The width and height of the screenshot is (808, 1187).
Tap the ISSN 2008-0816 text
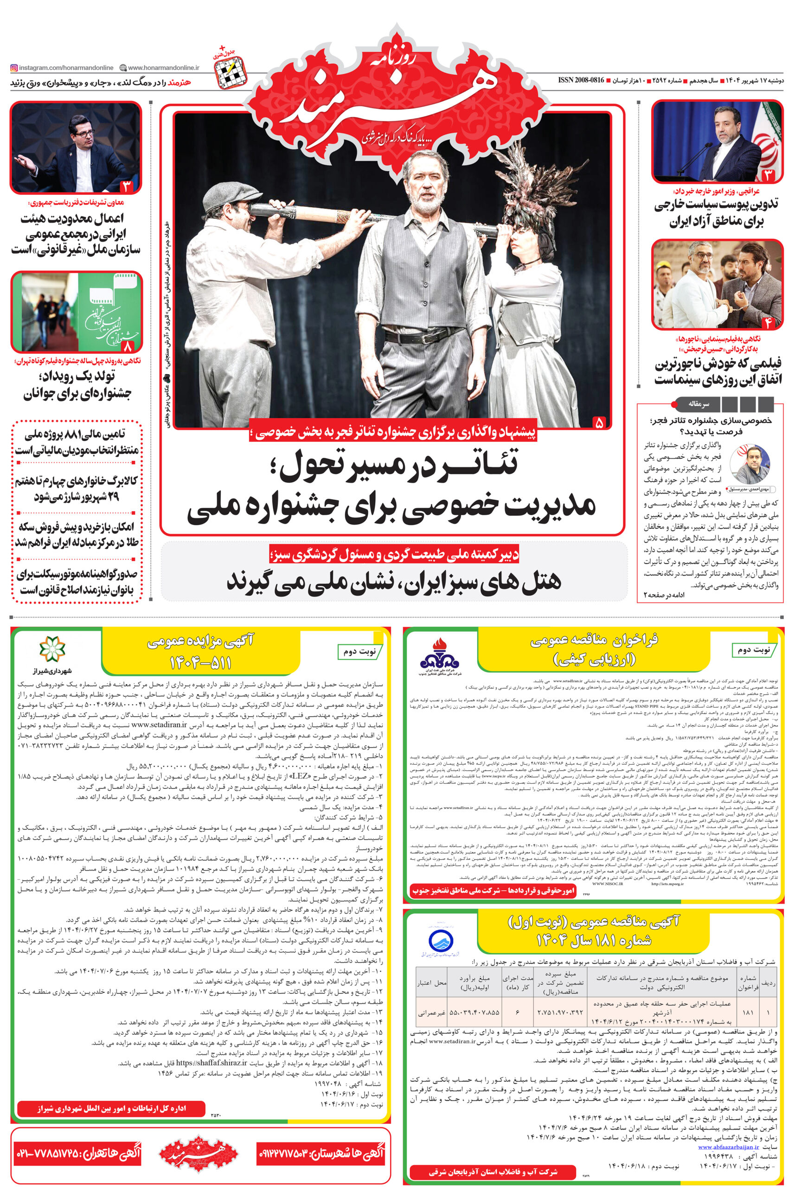pos(581,80)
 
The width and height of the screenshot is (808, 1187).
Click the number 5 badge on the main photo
pos(598,422)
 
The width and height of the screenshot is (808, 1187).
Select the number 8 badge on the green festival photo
pos(127,347)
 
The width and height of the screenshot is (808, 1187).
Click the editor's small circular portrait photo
pos(749,464)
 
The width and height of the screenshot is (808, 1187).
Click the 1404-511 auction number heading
pos(200,663)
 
